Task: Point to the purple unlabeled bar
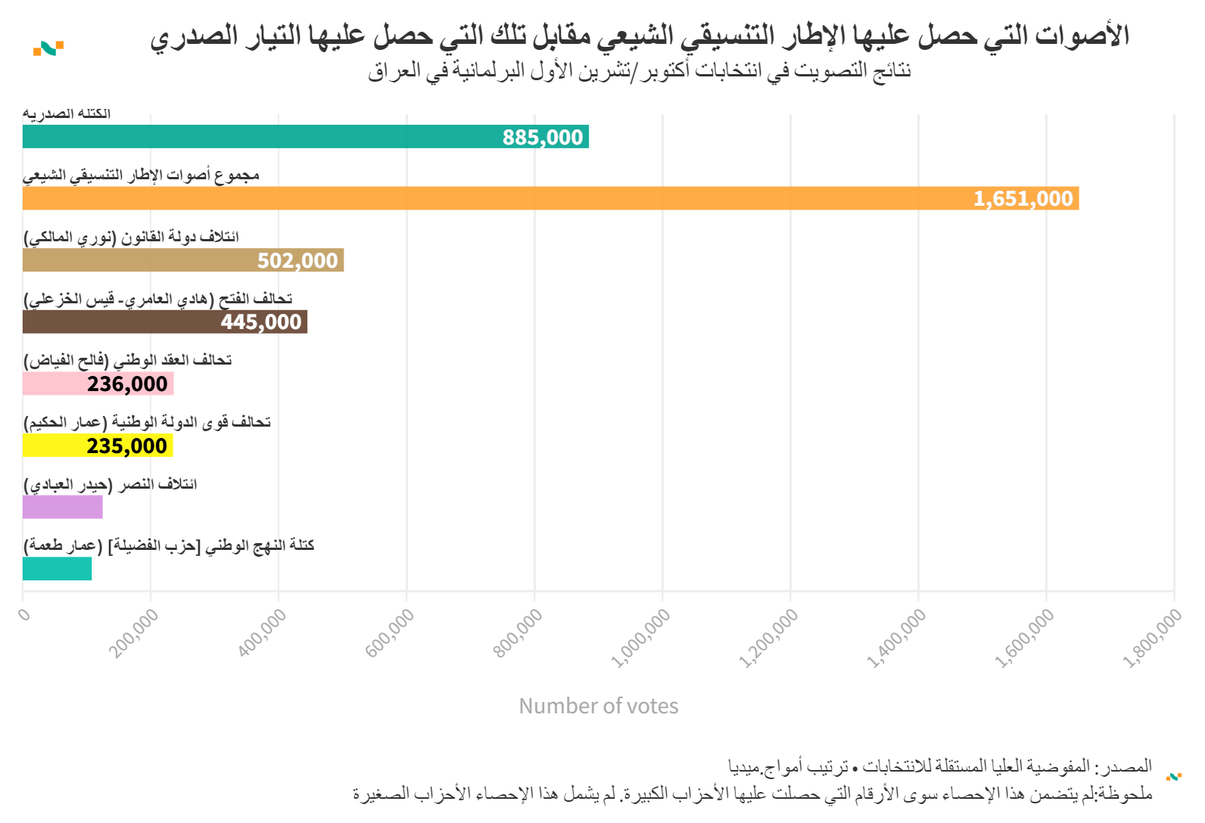[x=62, y=508]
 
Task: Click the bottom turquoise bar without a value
[x=57, y=569]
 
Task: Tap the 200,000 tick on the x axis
[x=134, y=633]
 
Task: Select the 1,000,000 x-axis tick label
[x=640, y=638]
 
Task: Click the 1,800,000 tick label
[x=1152, y=638]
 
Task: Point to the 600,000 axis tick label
[x=390, y=633]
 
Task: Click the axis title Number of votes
[x=598, y=706]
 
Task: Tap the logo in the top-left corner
[x=48, y=48]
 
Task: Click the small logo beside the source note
[x=1174, y=776]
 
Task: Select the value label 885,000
[x=543, y=138]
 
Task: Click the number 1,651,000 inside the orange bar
[x=1023, y=199]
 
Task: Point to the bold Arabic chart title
[x=640, y=36]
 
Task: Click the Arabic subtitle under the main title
[x=640, y=71]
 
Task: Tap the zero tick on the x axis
[x=25, y=613]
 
